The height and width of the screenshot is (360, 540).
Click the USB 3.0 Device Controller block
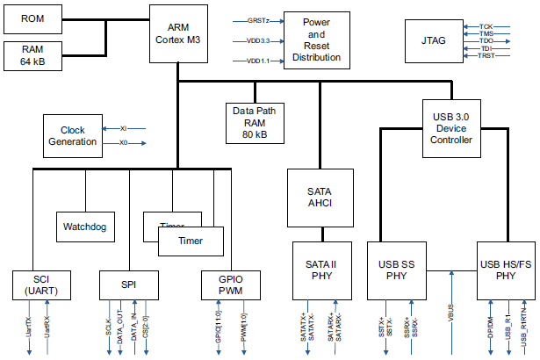pyautogui.click(x=453, y=127)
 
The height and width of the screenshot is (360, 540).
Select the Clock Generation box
pyautogui.click(x=73, y=136)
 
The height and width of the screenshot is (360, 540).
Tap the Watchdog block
pyautogui.click(x=84, y=227)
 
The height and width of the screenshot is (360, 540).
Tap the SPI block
pyautogui.click(x=129, y=285)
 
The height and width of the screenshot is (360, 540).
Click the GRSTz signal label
pyautogui.click(x=258, y=19)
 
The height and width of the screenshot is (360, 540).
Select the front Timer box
pyautogui.click(x=191, y=241)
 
